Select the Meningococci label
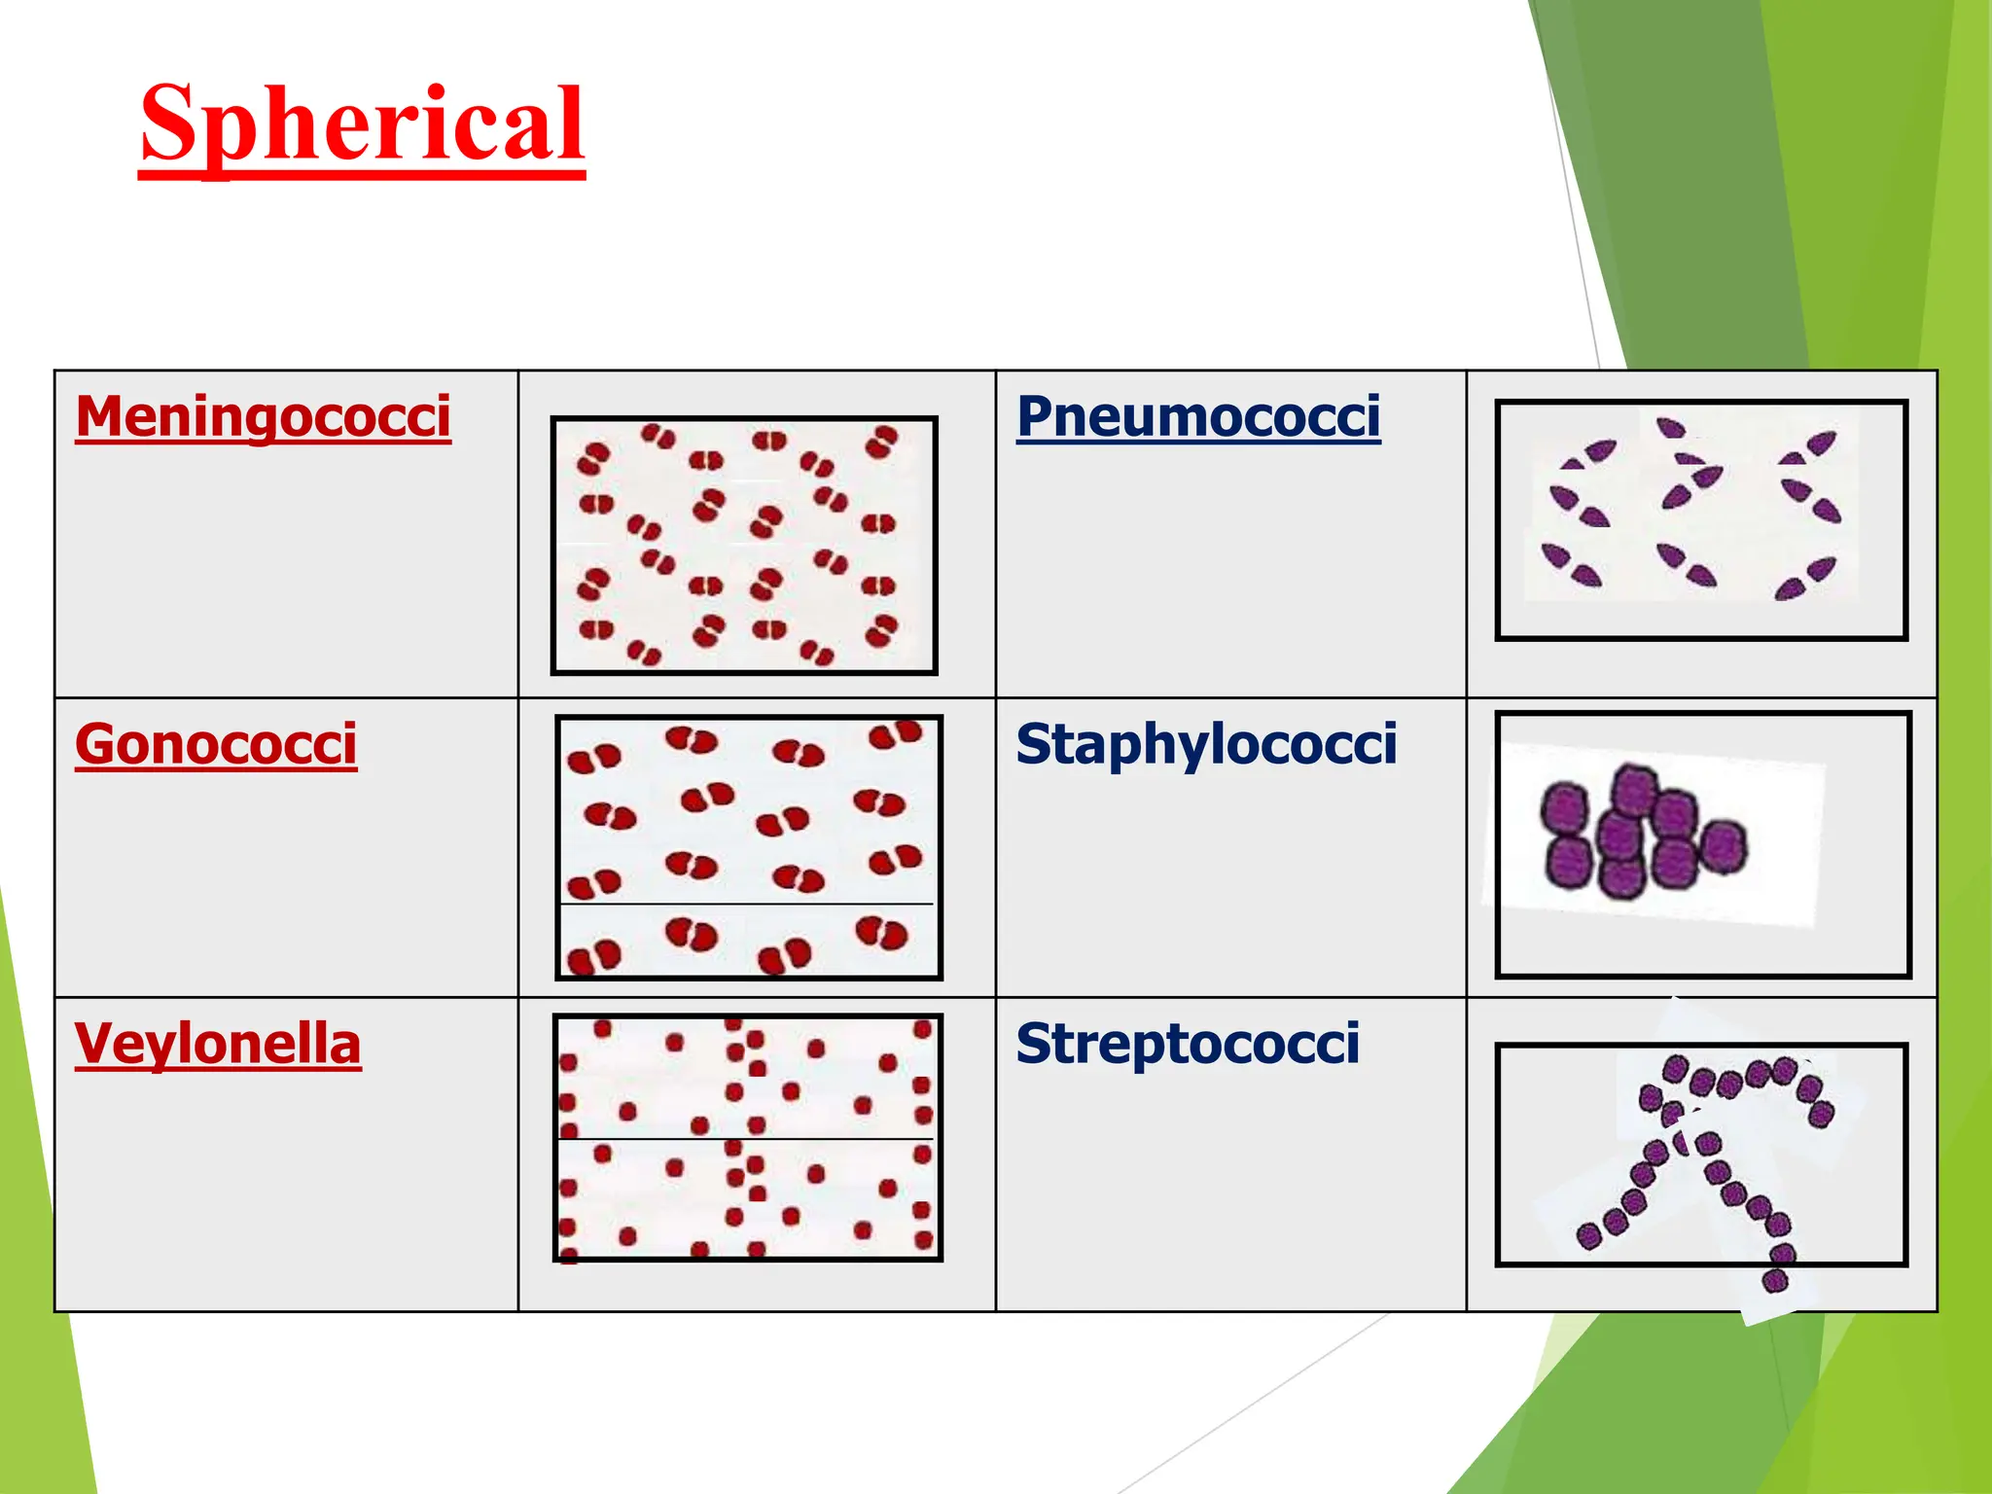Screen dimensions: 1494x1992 pyautogui.click(x=263, y=417)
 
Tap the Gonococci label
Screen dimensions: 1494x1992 pyautogui.click(x=216, y=745)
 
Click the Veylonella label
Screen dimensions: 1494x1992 pyautogui.click(x=218, y=1045)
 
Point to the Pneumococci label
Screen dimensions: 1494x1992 pyautogui.click(x=1198, y=417)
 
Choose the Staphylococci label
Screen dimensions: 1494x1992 pyautogui.click(x=1206, y=745)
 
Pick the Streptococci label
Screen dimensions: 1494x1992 pyautogui.click(x=1188, y=1045)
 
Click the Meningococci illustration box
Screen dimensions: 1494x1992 pyautogui.click(x=744, y=545)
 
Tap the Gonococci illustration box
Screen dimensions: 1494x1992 pyautogui.click(x=748, y=846)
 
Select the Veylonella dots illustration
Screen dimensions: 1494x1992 pyautogui.click(x=747, y=1137)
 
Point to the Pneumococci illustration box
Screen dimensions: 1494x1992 pyautogui.click(x=1700, y=519)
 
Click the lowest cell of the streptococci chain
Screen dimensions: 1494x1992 pyautogui.click(x=1775, y=1281)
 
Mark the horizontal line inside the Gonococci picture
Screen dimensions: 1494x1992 pyautogui.click(x=747, y=905)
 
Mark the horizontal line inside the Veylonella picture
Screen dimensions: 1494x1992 pyautogui.click(x=747, y=1139)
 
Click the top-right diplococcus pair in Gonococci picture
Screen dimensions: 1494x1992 pyautogui.click(x=896, y=733)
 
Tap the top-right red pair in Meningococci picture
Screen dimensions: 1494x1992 pyautogui.click(x=882, y=442)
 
